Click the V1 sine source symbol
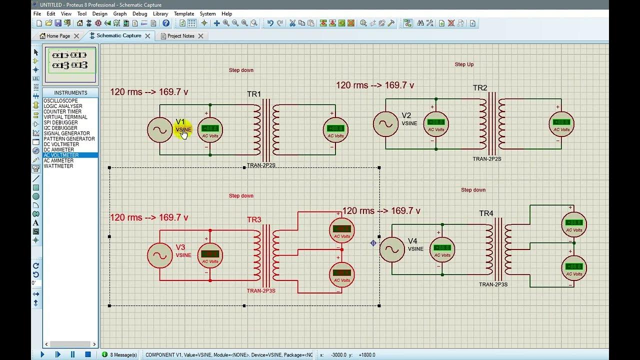pos(159,130)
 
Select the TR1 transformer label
pos(253,94)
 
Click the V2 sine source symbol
pos(385,124)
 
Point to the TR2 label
pos(479,88)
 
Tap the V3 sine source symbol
pos(159,255)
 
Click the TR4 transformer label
pos(486,213)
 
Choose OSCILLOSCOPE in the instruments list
pos(60,101)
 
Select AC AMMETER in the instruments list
pos(58,160)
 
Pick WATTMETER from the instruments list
pos(58,166)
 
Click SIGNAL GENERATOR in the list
pos(66,133)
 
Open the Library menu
pos(160,13)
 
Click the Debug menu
pos(139,13)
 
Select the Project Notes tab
pos(180,36)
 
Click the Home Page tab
pos(58,36)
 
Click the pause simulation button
pos(72,354)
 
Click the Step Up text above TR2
pos(464,64)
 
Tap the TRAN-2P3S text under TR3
pos(261,290)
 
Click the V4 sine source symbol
pos(392,249)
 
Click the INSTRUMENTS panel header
pos(70,92)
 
